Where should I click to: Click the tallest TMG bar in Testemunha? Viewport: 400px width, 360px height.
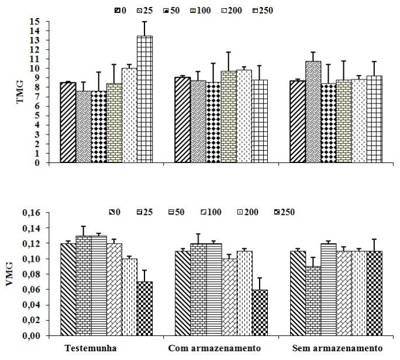point(144,99)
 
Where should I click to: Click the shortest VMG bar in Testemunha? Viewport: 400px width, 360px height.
point(144,309)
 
